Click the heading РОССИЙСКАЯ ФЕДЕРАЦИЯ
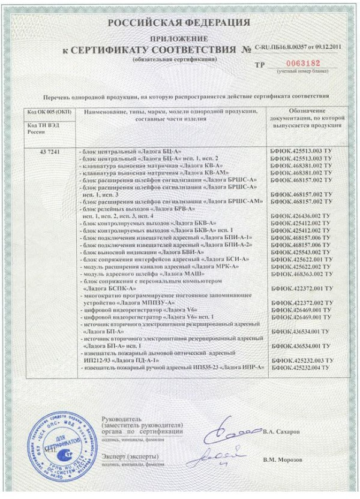pos(179,23)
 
